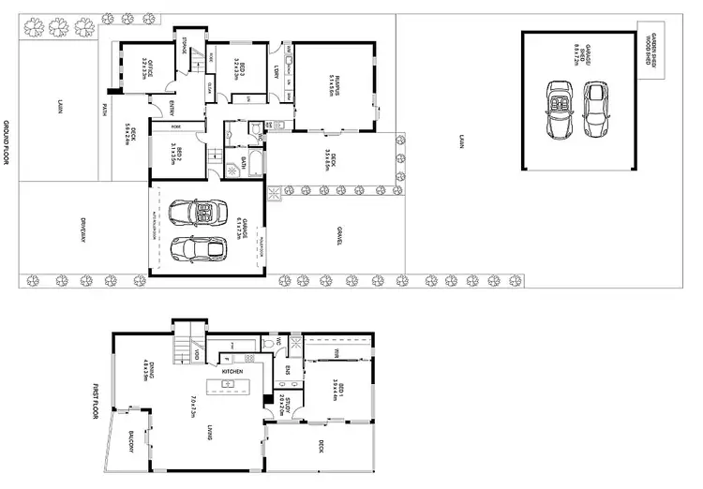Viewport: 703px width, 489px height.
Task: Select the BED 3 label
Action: click(241, 70)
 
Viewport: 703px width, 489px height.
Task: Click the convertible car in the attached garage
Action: click(204, 214)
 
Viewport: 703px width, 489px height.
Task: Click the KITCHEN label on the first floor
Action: click(232, 372)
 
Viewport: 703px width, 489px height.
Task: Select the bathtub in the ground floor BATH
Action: click(254, 163)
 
